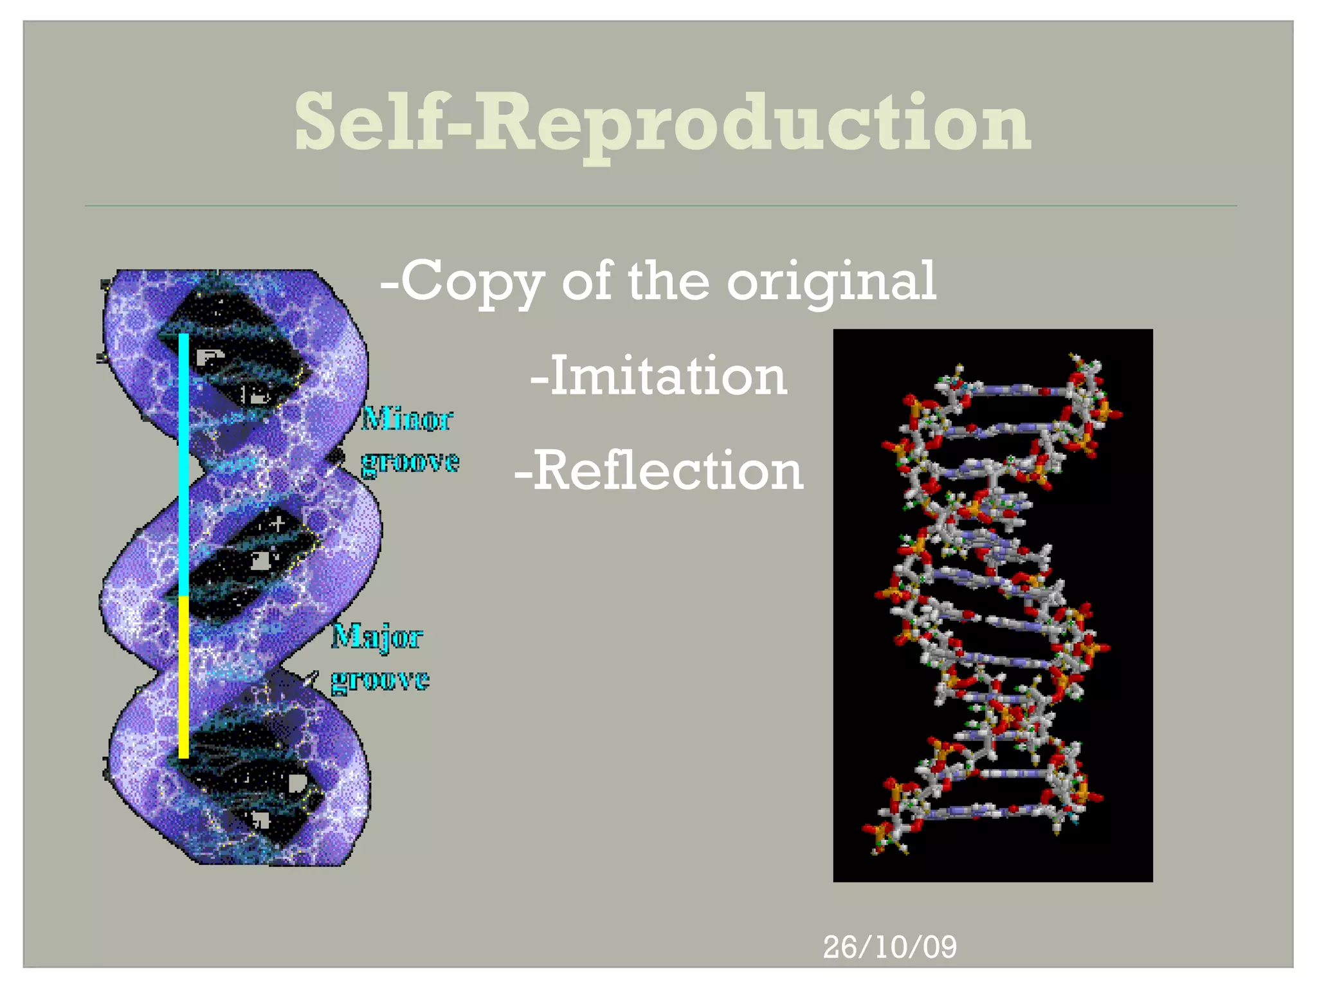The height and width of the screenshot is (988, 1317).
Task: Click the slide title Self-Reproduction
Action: (x=662, y=122)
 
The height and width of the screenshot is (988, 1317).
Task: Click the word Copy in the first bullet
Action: (x=472, y=281)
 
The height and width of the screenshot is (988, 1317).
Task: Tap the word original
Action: (x=831, y=281)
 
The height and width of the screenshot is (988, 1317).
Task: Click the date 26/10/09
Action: (x=889, y=947)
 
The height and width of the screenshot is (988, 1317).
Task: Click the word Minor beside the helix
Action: (x=406, y=419)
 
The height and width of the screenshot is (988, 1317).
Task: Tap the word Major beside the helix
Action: (x=377, y=637)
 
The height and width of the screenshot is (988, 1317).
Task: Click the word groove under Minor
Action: (x=410, y=462)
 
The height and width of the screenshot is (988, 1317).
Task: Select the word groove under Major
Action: (x=380, y=680)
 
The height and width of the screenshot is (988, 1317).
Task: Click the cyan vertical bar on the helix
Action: (x=184, y=463)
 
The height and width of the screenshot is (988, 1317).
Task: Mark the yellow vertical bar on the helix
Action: (x=184, y=675)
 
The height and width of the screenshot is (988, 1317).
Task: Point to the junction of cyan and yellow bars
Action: (x=184, y=596)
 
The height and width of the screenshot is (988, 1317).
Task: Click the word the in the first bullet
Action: (x=668, y=281)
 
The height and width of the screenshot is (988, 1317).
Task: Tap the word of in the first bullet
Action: (x=586, y=281)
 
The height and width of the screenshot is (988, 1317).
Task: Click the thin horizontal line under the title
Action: (x=660, y=206)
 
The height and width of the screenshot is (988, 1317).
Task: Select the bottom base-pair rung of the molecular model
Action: (x=984, y=809)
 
